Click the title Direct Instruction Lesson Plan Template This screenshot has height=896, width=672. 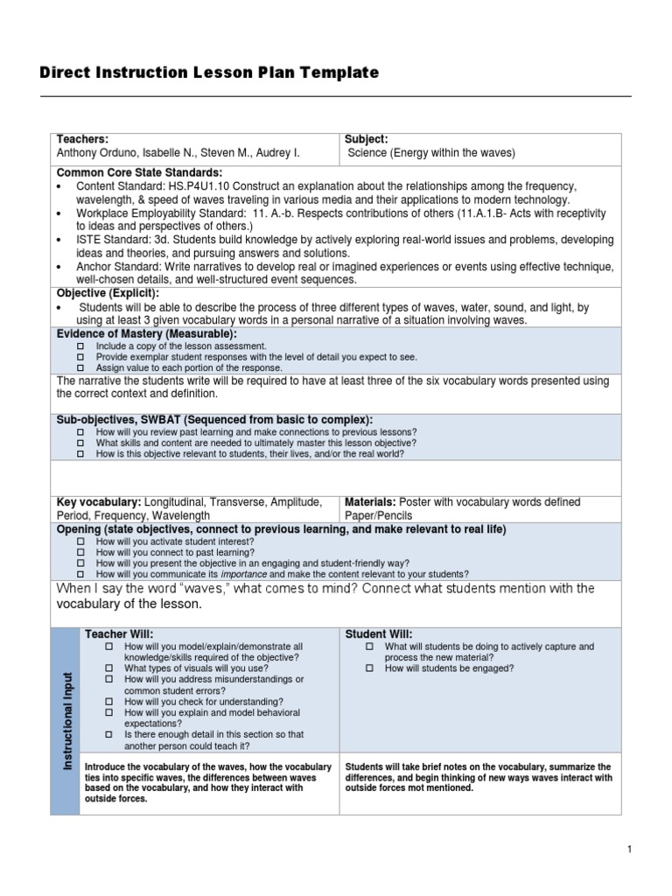tap(209, 73)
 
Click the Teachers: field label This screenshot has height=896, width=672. tap(82, 139)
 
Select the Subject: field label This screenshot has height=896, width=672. tap(366, 139)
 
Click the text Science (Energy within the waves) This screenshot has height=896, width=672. tap(431, 152)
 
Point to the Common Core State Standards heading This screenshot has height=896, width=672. tap(139, 172)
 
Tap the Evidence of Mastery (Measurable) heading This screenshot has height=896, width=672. tap(146, 334)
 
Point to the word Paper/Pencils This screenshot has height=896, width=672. tap(379, 516)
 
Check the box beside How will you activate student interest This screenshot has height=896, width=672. tap(80, 542)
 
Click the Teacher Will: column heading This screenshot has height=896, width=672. tap(118, 633)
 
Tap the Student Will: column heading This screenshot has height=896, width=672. tap(379, 633)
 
